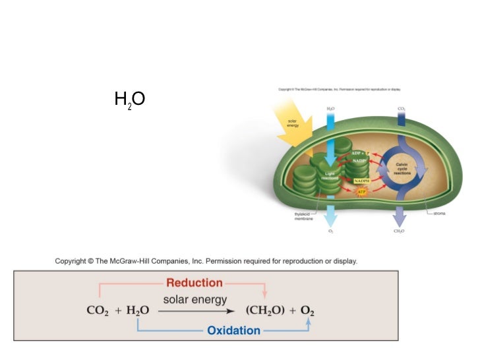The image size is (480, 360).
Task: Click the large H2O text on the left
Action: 129,100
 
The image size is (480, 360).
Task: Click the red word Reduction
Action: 195,283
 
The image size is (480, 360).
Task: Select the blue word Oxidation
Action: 233,330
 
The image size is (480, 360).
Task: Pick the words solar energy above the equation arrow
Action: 195,300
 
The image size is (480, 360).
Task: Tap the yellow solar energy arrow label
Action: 293,123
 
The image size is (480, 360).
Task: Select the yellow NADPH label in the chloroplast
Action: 361,179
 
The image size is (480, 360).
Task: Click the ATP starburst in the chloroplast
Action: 361,193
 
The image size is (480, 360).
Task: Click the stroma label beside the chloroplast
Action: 439,213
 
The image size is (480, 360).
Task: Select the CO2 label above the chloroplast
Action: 401,107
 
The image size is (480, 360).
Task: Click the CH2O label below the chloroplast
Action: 399,231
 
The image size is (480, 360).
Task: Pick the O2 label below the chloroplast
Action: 330,231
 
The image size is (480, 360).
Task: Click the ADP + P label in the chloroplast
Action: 360,153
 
